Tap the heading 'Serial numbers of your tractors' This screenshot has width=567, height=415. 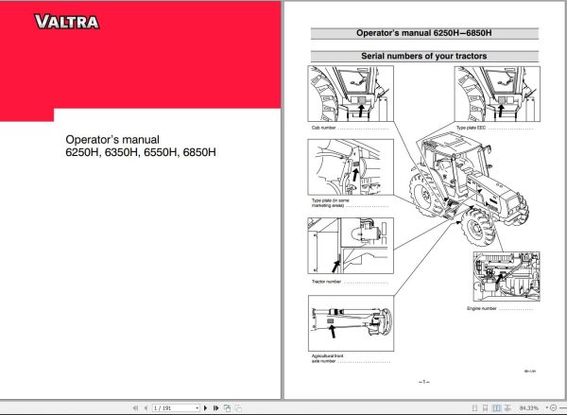pyautogui.click(x=424, y=56)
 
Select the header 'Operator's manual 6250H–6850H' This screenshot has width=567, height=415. pyautogui.click(x=424, y=32)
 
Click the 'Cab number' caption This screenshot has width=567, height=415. pyautogui.click(x=324, y=126)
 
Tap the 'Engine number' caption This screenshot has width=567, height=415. pyautogui.click(x=484, y=308)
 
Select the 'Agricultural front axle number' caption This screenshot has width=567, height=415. pyautogui.click(x=325, y=358)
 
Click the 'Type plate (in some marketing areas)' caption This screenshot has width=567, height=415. pyautogui.click(x=331, y=202)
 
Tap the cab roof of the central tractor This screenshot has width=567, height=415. pyautogui.click(x=431, y=136)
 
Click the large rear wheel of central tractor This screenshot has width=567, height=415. pyautogui.click(x=421, y=193)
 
